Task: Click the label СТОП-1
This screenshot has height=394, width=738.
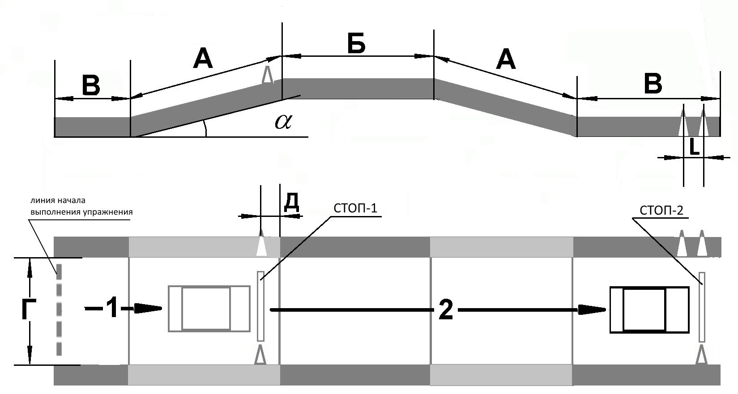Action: pos(355,208)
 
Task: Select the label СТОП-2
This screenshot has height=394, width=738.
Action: pos(661,210)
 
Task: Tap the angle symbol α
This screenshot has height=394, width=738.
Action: pos(283,122)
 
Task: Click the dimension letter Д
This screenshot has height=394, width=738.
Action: pos(292,202)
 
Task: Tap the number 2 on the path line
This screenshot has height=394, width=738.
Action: pos(446,310)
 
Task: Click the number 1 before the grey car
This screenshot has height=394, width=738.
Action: pos(113,308)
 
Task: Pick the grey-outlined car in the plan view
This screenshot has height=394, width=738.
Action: pos(209,309)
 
